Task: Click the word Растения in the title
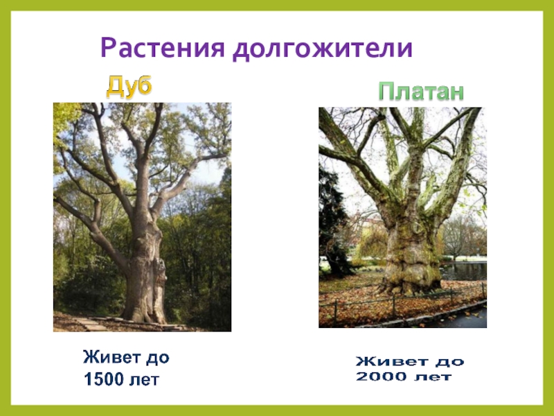(161, 49)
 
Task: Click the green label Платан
(420, 92)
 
